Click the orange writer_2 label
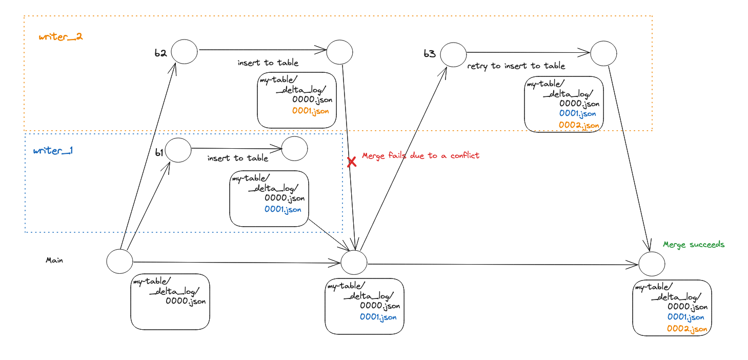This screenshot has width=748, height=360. (x=60, y=37)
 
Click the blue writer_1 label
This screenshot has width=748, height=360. (x=54, y=151)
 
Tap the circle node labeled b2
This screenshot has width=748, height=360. (x=184, y=51)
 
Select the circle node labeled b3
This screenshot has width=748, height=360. (x=453, y=54)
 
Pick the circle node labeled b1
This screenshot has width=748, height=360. (x=178, y=150)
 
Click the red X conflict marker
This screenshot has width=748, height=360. (x=352, y=162)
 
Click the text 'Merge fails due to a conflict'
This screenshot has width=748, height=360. (x=420, y=155)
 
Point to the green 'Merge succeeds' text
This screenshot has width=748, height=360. (x=694, y=245)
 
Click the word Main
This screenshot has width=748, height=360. (x=54, y=261)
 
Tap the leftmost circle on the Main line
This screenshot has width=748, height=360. (x=119, y=261)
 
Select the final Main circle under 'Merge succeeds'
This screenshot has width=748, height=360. (x=652, y=264)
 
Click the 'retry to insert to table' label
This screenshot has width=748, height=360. (x=516, y=66)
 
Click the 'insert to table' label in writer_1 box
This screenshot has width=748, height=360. (x=237, y=158)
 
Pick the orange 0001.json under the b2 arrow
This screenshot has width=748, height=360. (x=311, y=111)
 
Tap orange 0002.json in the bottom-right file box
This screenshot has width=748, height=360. (x=687, y=329)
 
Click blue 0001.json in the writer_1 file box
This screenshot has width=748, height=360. (x=283, y=209)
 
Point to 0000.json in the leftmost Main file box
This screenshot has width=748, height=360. (x=186, y=302)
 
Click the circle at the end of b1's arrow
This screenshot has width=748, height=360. (x=294, y=149)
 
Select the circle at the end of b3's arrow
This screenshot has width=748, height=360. (x=603, y=53)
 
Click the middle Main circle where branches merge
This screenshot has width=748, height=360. (x=354, y=262)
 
